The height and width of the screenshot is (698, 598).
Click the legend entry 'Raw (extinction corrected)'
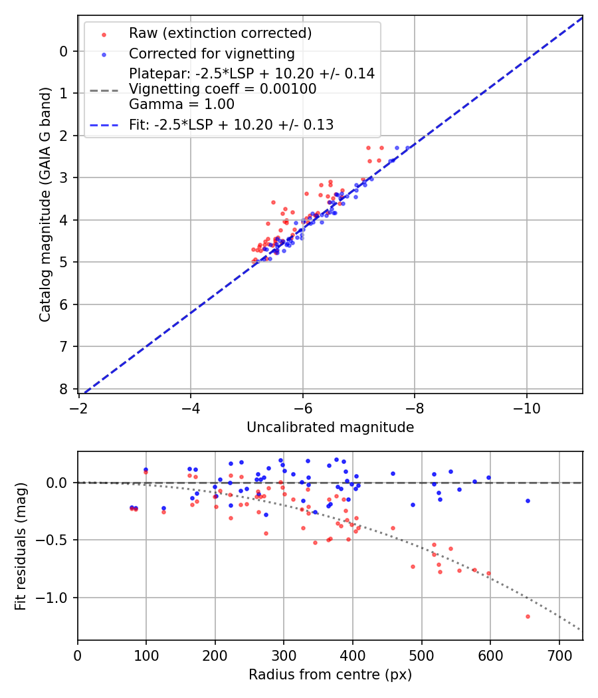tap(220, 33)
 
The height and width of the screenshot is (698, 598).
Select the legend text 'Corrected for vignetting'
tap(211, 54)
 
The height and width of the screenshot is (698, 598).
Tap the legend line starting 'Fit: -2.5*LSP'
tap(231, 125)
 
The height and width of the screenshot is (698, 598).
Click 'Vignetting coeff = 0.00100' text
tap(223, 89)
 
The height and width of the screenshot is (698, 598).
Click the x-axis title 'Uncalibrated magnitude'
tap(330, 427)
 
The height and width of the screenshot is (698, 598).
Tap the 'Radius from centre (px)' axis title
tap(330, 675)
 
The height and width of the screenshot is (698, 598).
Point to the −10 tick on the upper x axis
tap(526, 406)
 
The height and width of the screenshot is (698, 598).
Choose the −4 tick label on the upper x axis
tap(191, 406)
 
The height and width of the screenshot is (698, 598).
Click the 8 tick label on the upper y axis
tap(64, 389)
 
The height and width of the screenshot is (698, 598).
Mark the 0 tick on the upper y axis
tap(64, 51)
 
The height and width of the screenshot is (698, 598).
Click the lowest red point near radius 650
tap(528, 616)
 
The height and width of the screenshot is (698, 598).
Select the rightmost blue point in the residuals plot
tap(528, 501)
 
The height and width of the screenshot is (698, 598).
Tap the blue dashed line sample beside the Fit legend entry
tap(104, 125)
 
